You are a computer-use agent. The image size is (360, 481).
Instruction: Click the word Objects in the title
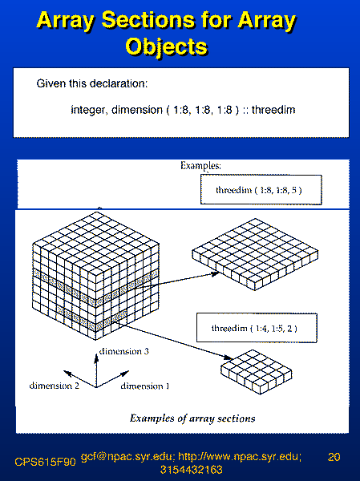[167, 46]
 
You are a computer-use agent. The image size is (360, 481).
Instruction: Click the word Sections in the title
[148, 20]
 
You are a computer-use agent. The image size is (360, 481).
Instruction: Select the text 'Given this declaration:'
[92, 83]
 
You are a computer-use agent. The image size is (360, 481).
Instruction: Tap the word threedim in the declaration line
[273, 110]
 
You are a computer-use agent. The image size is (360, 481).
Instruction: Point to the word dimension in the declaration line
[137, 110]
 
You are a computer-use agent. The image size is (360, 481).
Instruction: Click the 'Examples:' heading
[200, 166]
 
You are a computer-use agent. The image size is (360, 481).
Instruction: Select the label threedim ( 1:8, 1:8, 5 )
[259, 190]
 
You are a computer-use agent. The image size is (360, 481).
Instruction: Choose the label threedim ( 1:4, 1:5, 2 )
[254, 329]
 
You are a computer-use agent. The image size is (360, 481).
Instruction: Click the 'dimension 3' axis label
[123, 351]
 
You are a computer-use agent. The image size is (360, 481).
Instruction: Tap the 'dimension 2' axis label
[54, 386]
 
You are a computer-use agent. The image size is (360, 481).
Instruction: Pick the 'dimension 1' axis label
[145, 386]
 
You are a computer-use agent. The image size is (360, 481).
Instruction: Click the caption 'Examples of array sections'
[192, 418]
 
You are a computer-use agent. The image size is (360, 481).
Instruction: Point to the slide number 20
[334, 457]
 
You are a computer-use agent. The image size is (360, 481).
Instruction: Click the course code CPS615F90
[45, 462]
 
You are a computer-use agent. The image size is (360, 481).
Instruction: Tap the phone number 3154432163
[191, 470]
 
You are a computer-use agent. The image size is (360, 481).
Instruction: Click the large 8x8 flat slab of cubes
[255, 254]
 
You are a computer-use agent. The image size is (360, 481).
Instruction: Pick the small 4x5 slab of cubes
[257, 372]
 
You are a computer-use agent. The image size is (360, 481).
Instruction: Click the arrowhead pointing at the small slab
[229, 358]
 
